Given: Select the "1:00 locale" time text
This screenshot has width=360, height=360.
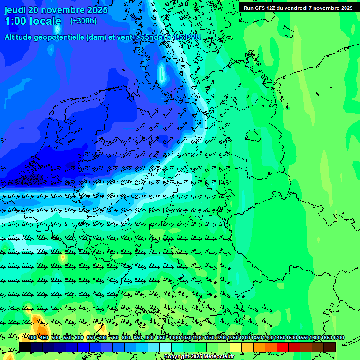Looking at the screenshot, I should tap(33, 21).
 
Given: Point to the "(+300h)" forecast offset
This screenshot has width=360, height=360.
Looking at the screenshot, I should tap(83, 21).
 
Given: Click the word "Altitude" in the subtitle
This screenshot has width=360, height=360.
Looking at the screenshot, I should tap(20, 37).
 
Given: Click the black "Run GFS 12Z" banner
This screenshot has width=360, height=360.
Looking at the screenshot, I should tap(298, 7).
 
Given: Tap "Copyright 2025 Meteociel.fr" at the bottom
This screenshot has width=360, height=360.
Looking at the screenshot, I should tap(199, 357).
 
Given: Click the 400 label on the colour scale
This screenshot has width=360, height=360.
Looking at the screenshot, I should tap(32, 338).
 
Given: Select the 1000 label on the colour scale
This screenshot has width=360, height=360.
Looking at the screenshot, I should tap(174, 338).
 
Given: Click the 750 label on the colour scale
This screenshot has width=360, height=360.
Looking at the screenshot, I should tap(114, 338).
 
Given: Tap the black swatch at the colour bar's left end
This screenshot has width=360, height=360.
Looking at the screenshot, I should tap(24, 347).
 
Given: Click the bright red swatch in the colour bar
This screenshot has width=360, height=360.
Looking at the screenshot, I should tap(283, 347).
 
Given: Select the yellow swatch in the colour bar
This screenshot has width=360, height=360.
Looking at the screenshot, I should tap(236, 347).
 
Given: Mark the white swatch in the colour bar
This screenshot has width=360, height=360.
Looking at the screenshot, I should tap(165, 347).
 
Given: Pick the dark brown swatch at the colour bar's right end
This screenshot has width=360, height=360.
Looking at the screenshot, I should tap(330, 347).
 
